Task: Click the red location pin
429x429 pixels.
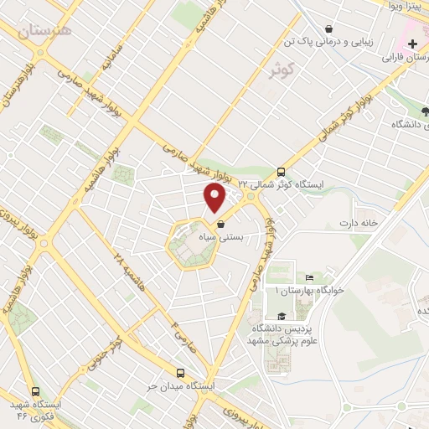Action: pyautogui.click(x=215, y=197)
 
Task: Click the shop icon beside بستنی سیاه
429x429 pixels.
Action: pyautogui.click(x=220, y=224)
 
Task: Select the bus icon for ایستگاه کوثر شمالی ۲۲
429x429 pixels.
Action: pyautogui.click(x=281, y=168)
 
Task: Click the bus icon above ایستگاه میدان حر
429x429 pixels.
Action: pyautogui.click(x=180, y=373)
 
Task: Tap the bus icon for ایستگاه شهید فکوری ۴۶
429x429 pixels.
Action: pyautogui.click(x=35, y=390)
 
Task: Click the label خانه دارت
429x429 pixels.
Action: pyautogui.click(x=359, y=223)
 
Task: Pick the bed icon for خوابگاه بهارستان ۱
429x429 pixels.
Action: pyautogui.click(x=309, y=277)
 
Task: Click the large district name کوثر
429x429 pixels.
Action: pyautogui.click(x=284, y=71)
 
